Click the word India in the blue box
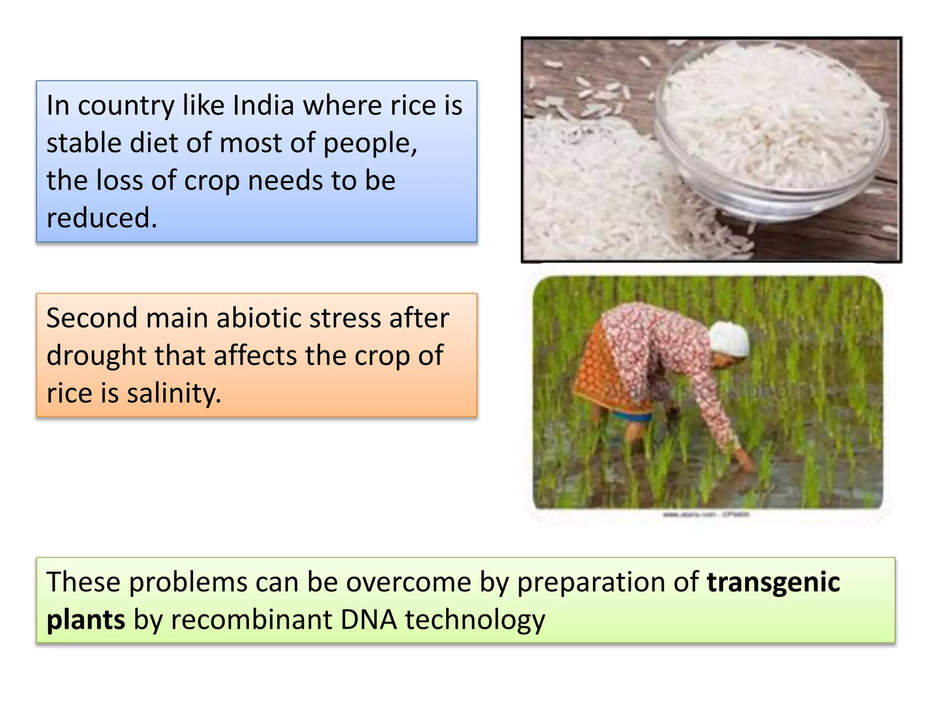[x=263, y=105]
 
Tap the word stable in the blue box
[x=84, y=143]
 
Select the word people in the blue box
[x=370, y=143]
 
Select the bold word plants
[x=86, y=620]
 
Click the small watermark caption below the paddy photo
[x=706, y=515]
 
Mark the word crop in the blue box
[x=211, y=181]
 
